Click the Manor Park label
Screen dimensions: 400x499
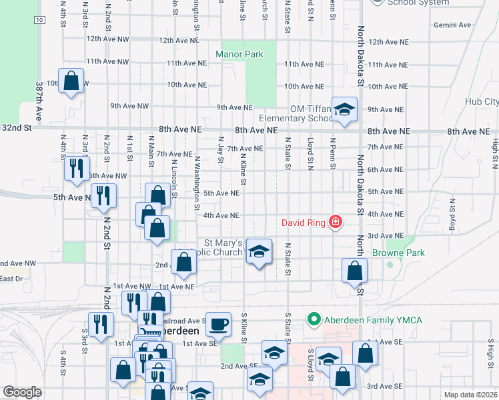point(239,54)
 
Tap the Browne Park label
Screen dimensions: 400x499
point(398,253)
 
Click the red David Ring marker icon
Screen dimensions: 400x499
point(336,222)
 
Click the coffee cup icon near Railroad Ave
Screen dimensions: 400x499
point(218,325)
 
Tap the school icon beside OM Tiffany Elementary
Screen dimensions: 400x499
point(344,110)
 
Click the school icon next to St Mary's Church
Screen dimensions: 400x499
point(259,251)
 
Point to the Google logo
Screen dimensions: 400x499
point(22,392)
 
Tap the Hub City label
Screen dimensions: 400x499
point(482,101)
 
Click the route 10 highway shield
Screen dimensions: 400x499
point(40,21)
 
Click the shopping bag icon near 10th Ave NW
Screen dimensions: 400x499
point(71,82)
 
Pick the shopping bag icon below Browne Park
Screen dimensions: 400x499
point(354,271)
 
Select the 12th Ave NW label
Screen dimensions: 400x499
point(107,40)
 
